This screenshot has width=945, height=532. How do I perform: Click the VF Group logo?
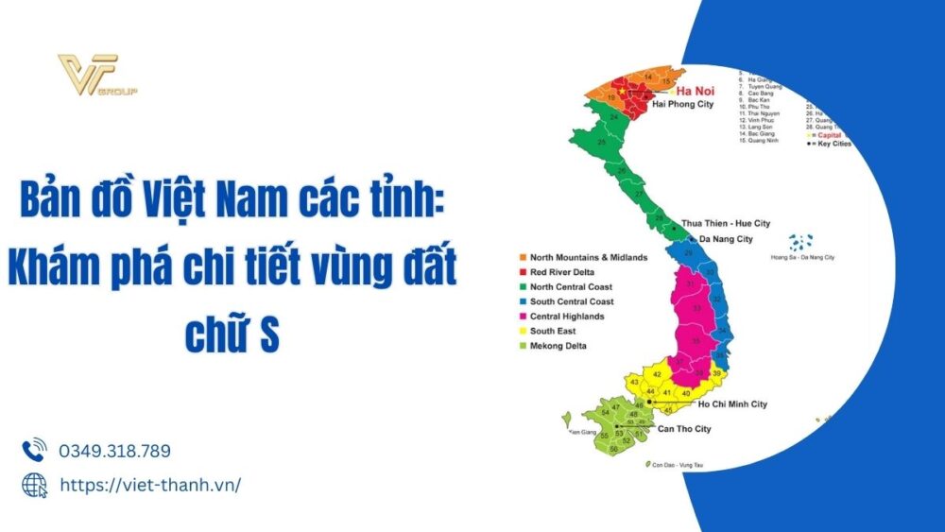click(94, 75)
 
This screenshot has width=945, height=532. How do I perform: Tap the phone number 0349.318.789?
click(114, 451)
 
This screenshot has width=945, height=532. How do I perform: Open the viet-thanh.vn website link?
click(149, 485)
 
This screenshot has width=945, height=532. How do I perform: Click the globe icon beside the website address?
click(34, 485)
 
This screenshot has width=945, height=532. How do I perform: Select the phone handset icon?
click(34, 450)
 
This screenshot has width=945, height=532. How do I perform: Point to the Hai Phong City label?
click(683, 105)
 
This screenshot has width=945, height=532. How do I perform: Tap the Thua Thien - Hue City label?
click(726, 224)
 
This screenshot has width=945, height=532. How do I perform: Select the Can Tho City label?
click(676, 429)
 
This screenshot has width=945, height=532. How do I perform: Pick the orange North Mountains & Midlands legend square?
click(522, 257)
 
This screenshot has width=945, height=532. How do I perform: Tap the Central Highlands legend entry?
click(567, 317)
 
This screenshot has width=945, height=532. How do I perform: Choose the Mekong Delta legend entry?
click(558, 346)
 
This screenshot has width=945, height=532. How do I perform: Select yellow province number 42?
click(657, 375)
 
